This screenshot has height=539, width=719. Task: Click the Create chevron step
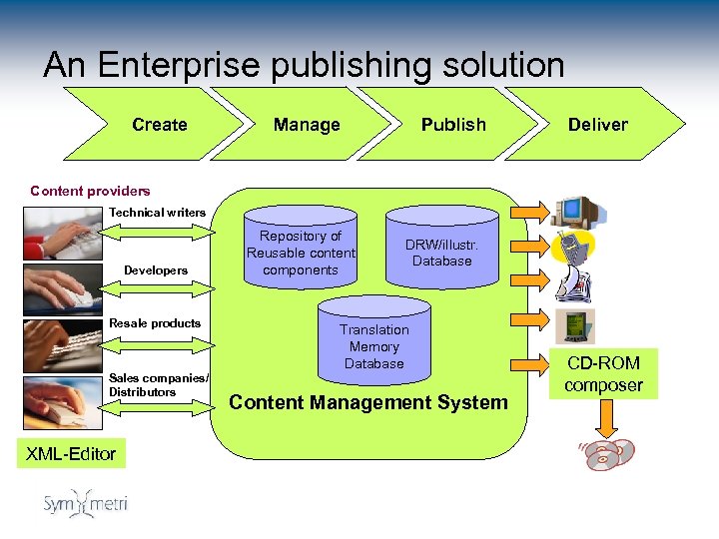tap(160, 125)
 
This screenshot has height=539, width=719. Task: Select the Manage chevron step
tap(307, 125)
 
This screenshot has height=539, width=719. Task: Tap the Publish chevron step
tap(453, 125)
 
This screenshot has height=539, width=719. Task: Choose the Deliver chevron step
tap(598, 125)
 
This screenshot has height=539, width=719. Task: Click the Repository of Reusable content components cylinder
tap(301, 253)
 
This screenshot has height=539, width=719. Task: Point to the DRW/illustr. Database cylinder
tap(441, 253)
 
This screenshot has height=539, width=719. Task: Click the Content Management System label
tap(368, 402)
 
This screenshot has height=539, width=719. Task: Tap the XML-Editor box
tap(70, 454)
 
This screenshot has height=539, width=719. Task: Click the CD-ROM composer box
tap(603, 373)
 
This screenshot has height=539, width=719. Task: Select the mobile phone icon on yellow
tap(574, 249)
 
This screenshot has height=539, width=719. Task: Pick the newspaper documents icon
tap(574, 287)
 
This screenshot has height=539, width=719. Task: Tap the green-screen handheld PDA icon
tap(575, 325)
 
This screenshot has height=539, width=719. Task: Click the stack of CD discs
tap(609, 455)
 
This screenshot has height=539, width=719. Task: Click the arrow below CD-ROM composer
tap(603, 420)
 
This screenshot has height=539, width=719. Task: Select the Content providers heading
tap(90, 191)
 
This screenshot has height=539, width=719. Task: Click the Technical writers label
tap(157, 212)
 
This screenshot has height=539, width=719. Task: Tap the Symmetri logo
tap(85, 504)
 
